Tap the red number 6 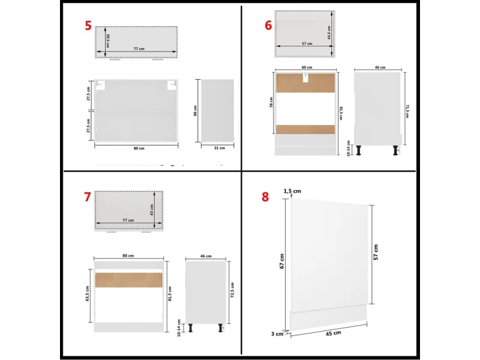[x=268, y=25]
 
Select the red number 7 [x=87, y=196]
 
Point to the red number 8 [x=265, y=197]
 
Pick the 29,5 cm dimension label [x=109, y=40]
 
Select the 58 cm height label [x=272, y=104]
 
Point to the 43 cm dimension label [x=152, y=209]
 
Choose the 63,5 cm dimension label [x=88, y=293]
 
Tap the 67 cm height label [x=282, y=261]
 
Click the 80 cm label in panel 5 [x=137, y=148]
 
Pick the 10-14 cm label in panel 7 [x=179, y=326]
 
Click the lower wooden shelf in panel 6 [x=306, y=130]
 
